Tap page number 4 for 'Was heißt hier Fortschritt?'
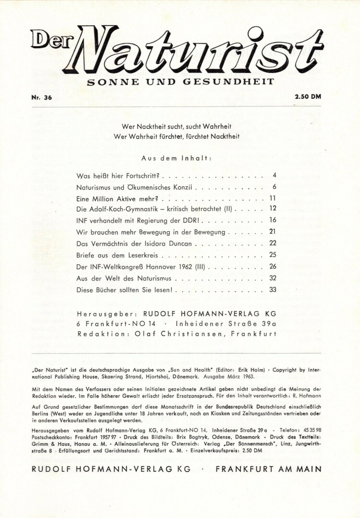click(x=274, y=175)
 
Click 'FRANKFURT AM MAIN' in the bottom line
click(x=268, y=469)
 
